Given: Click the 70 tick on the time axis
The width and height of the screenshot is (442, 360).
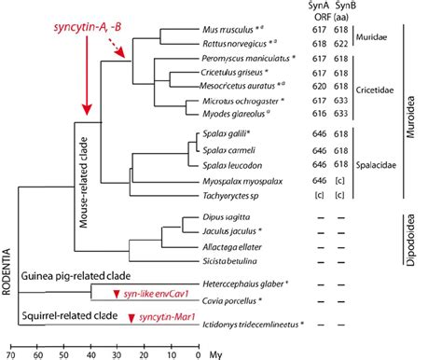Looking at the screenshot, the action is [12, 354].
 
